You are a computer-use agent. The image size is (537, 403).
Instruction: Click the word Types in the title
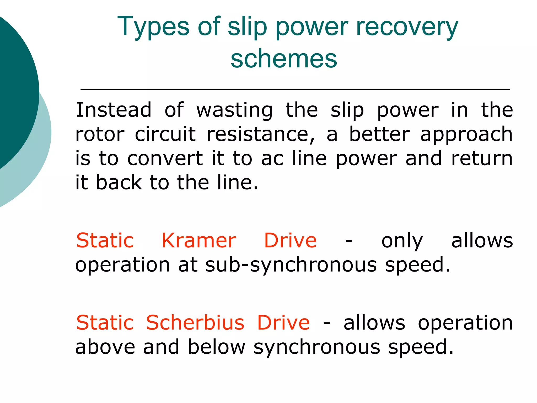(153, 26)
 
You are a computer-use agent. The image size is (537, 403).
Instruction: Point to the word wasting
(234, 110)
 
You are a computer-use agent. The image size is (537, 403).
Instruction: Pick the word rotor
(100, 134)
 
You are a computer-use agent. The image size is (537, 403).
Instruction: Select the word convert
(165, 158)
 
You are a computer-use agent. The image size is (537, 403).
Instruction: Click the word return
(482, 158)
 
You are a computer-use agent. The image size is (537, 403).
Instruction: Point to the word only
(402, 241)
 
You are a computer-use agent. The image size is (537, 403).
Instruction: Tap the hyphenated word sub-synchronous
(291, 265)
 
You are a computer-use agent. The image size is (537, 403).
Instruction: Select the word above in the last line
(105, 347)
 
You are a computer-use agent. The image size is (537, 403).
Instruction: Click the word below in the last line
(217, 347)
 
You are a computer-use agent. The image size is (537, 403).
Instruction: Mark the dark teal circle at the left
(13, 89)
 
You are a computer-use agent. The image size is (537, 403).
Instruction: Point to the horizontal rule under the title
(295, 89)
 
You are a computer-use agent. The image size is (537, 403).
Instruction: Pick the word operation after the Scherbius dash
(465, 323)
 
